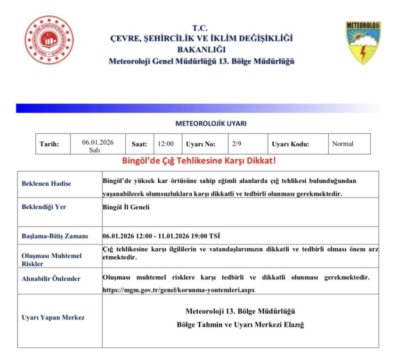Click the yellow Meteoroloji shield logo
pos(363,42)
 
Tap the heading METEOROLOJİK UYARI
pos(211,124)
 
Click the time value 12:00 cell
pos(166,144)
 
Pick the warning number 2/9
pos(237,144)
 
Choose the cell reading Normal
pos(342,144)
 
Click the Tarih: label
pos(49,144)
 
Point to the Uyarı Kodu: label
pos(291,144)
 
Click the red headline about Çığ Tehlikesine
pos(199,161)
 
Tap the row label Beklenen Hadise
pos(46,183)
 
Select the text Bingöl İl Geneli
pos(126,206)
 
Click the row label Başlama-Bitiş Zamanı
pos(53,236)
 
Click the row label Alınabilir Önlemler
pos(51,278)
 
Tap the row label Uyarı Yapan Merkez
pos(53,317)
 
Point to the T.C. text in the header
pos(200,28)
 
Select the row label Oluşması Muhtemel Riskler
pos(52,260)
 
